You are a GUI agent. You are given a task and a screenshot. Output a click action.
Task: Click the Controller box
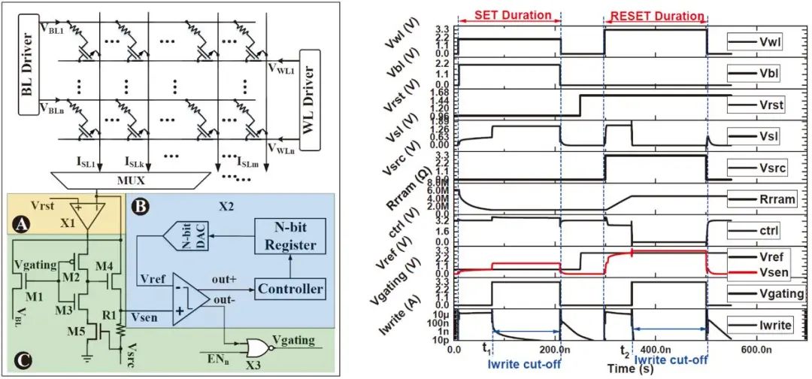(291, 289)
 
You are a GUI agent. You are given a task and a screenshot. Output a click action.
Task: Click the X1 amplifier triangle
(86, 214)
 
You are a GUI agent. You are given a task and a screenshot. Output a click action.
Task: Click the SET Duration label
(510, 14)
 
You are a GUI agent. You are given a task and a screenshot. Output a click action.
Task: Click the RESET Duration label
(655, 14)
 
